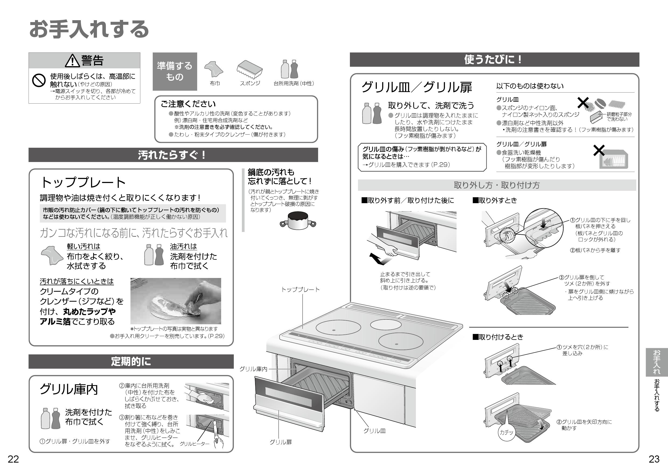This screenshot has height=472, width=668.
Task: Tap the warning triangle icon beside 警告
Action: click(x=72, y=61)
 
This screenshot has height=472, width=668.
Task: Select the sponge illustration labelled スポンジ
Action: click(x=250, y=70)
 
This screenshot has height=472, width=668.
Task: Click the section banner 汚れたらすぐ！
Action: click(x=173, y=155)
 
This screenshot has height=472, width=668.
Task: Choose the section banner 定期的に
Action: click(x=131, y=362)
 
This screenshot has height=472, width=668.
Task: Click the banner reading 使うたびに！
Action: click(x=494, y=59)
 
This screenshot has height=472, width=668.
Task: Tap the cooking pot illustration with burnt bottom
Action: click(x=298, y=220)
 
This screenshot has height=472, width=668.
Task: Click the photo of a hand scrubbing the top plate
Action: click(x=175, y=301)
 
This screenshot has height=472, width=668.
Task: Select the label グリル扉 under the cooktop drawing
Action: click(x=280, y=442)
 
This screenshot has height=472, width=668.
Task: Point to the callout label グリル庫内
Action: click(x=253, y=369)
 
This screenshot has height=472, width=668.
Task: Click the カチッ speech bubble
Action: click(x=506, y=432)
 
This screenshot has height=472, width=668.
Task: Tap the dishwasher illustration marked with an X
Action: click(x=613, y=159)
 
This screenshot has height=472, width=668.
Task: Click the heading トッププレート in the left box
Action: click(x=83, y=183)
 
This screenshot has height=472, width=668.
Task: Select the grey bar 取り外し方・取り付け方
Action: click(x=497, y=185)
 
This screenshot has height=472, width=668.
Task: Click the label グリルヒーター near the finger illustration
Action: click(x=194, y=444)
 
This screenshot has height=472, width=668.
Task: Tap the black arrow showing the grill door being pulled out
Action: click(x=377, y=259)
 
